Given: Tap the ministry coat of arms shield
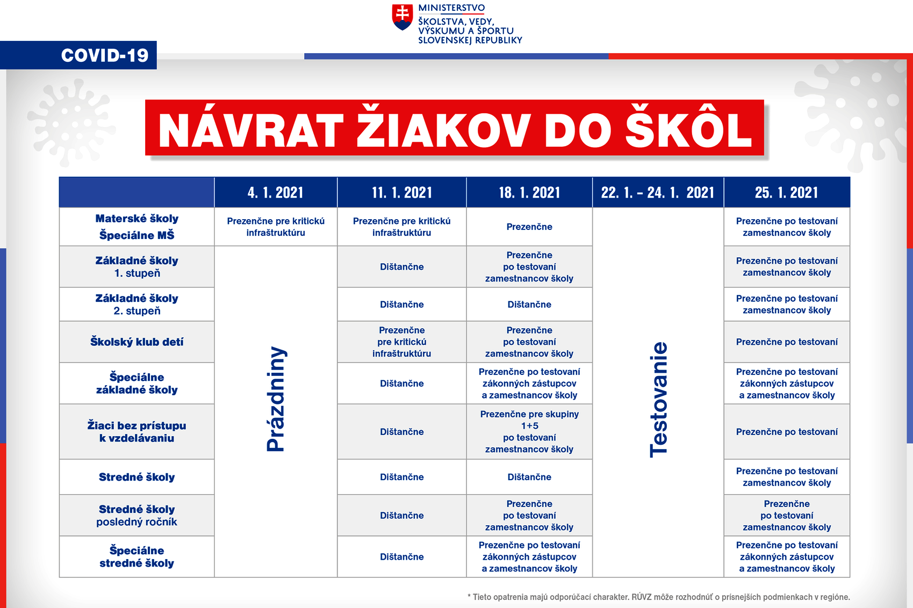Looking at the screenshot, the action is point(402,17).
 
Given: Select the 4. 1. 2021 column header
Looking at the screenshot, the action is point(276,192).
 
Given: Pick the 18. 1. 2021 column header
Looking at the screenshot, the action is point(529,192).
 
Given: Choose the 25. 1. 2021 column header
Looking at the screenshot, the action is point(787,192).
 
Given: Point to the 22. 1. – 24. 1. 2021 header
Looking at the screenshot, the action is point(658,192).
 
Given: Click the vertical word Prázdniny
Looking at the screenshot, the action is point(276,400).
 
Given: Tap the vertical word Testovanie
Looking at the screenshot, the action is point(658,400).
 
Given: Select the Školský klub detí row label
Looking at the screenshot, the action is point(137,342).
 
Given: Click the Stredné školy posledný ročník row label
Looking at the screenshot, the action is point(137,516).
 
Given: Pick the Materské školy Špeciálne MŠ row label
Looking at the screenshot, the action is point(137,227).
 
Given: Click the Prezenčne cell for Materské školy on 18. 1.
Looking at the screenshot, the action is point(529,227).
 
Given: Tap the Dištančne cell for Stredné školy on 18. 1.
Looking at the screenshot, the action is point(529,477).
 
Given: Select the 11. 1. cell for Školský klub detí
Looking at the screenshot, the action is point(401,342).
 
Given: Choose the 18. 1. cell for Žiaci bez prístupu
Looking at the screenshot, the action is point(529,431).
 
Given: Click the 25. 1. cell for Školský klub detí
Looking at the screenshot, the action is point(787,342).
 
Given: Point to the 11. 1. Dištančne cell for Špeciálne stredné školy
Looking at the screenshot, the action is point(401,556).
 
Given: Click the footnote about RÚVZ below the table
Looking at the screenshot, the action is point(659,597).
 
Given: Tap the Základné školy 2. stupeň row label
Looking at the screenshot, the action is point(137,305).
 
